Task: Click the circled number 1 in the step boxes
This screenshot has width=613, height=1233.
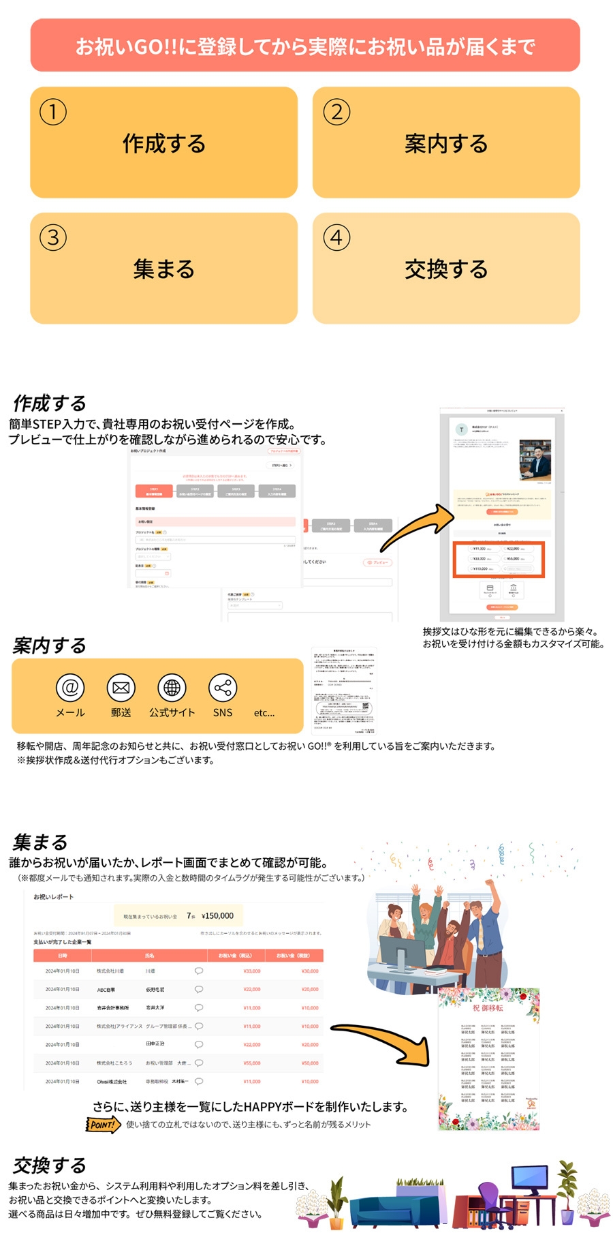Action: click(53, 112)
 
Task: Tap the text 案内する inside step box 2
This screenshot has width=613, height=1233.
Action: click(446, 144)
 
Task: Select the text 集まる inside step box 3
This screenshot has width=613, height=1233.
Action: click(163, 269)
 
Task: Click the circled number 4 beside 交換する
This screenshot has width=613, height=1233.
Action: click(336, 238)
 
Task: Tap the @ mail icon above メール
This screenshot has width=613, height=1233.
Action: click(70, 688)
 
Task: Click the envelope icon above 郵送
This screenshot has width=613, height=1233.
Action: click(121, 688)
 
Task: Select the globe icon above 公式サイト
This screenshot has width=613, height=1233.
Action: click(172, 688)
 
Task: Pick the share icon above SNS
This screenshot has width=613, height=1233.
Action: click(223, 688)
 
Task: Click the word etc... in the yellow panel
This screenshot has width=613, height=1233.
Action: click(264, 713)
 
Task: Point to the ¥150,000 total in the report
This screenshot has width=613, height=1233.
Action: click(217, 916)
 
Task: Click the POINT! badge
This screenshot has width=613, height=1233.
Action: click(103, 1125)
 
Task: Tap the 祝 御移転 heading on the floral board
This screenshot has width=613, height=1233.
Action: click(488, 1008)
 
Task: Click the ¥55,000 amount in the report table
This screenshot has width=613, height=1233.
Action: click(251, 1063)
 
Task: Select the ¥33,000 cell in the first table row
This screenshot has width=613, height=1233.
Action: click(251, 971)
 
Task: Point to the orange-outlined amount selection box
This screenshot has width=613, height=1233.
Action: click(499, 559)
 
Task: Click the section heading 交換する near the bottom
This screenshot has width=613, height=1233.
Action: click(50, 1165)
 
